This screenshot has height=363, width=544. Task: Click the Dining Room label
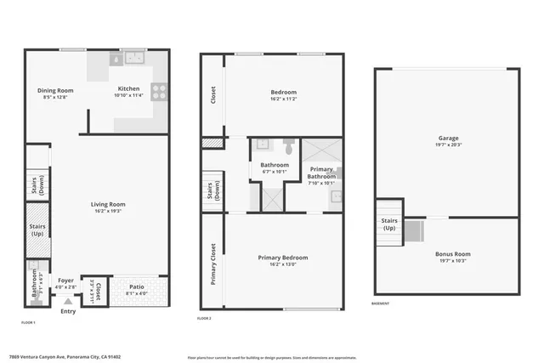click(55, 90)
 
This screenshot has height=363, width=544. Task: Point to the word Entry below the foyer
click(67, 311)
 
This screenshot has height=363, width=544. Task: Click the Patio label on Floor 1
click(136, 287)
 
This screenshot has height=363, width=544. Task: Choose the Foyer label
click(66, 281)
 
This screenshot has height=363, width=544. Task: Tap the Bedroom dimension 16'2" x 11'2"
click(283, 99)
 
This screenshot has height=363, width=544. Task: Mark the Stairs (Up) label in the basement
click(388, 224)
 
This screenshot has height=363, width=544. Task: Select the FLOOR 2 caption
click(204, 317)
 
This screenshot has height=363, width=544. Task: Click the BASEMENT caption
click(381, 303)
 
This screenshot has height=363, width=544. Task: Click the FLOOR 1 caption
click(28, 322)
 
